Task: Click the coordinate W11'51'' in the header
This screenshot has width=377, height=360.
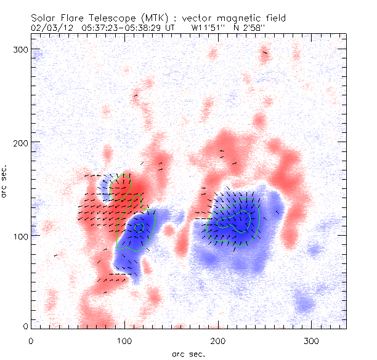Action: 208,28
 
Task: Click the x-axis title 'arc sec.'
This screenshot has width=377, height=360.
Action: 188,353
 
